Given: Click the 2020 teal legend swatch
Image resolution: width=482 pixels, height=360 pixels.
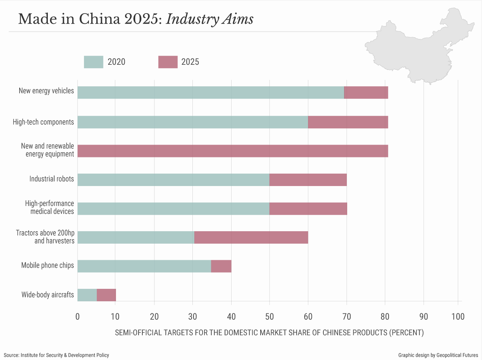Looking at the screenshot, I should (x=93, y=62).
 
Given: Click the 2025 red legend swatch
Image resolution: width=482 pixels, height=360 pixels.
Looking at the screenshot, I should (x=168, y=62).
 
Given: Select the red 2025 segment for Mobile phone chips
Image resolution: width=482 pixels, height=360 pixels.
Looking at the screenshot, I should (x=221, y=266).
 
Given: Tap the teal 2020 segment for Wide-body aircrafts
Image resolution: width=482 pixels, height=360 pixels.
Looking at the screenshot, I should (x=87, y=295).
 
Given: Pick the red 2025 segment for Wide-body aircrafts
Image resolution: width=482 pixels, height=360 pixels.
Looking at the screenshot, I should (x=106, y=295).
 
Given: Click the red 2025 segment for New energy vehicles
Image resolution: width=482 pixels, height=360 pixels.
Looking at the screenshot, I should (x=366, y=93).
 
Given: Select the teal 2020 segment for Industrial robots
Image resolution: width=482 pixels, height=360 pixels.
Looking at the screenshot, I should (x=173, y=180).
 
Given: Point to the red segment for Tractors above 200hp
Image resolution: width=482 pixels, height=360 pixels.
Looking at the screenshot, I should (x=251, y=238).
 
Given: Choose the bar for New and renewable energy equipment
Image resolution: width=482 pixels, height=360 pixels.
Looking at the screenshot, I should (x=232, y=151).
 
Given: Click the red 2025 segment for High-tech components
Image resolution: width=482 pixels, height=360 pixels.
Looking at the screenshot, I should (x=348, y=122).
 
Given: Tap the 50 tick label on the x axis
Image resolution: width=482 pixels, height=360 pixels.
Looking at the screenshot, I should (x=269, y=317).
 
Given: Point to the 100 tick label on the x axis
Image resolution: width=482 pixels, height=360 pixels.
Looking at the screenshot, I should (x=458, y=317).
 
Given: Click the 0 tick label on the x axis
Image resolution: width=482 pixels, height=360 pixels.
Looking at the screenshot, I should (x=78, y=317).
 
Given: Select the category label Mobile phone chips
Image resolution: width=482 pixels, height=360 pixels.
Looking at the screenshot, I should (x=47, y=265).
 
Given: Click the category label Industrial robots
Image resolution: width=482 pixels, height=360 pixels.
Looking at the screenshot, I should (x=52, y=179).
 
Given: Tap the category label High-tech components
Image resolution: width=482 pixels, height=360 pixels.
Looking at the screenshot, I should (x=43, y=122).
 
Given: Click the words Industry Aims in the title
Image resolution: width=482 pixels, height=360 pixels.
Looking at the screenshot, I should (x=210, y=19).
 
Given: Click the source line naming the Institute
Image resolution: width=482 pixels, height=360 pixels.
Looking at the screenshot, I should (x=56, y=355).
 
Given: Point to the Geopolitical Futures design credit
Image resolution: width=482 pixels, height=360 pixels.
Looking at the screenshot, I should (x=438, y=355).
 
